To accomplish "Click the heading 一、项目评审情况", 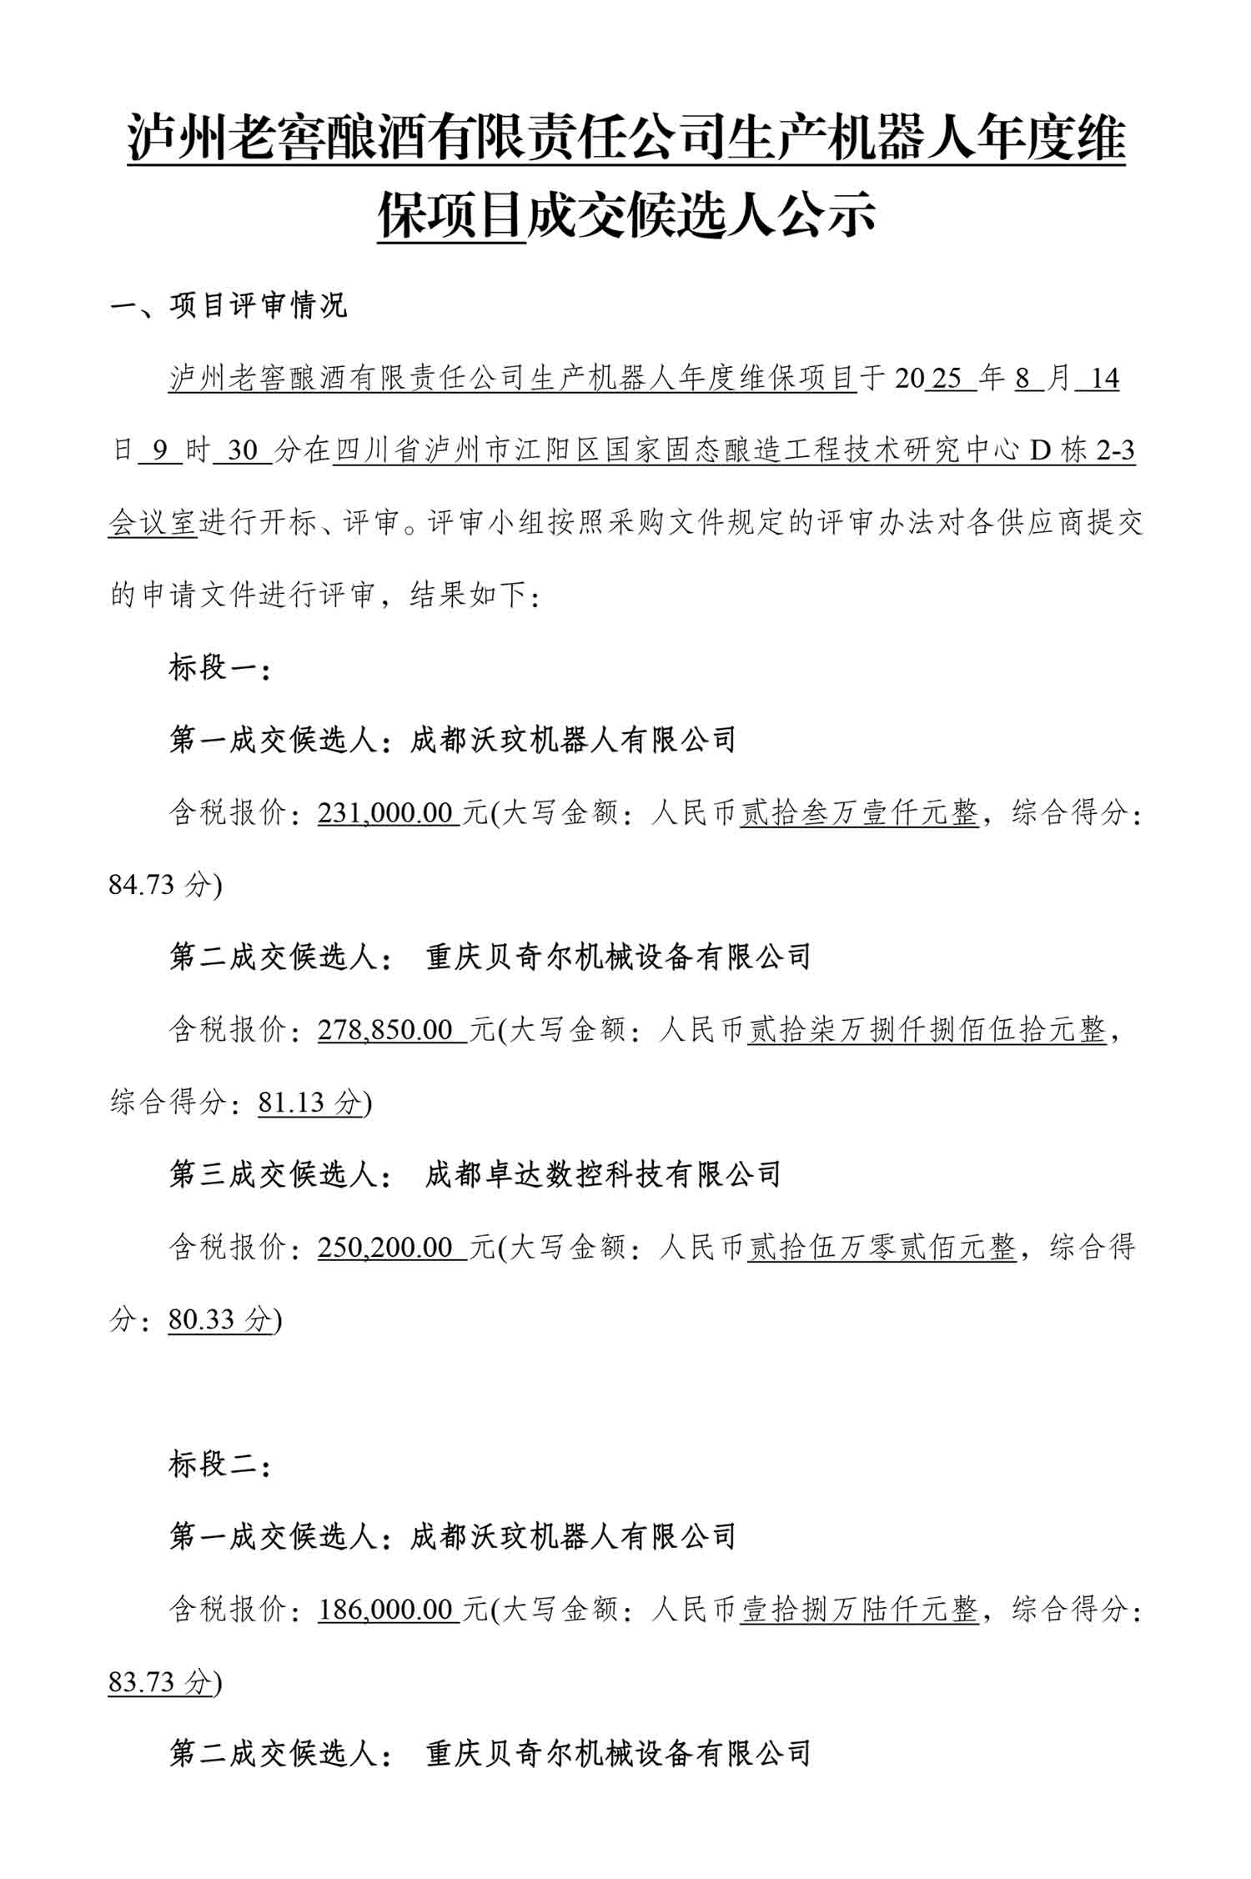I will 228,305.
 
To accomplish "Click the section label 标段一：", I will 219,668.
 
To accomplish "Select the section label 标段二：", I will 219,1464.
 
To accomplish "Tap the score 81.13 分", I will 310,1103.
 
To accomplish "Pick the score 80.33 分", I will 220,1319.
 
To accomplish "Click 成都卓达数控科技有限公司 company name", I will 603,1174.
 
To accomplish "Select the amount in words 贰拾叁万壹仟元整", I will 859,812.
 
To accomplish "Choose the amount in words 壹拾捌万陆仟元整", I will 859,1609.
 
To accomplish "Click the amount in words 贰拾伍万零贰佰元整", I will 882,1248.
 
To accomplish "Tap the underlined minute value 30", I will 243,451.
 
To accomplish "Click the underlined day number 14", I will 1103,379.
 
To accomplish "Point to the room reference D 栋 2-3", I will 1083,451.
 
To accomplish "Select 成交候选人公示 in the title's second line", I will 701,215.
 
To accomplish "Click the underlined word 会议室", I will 153,524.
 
